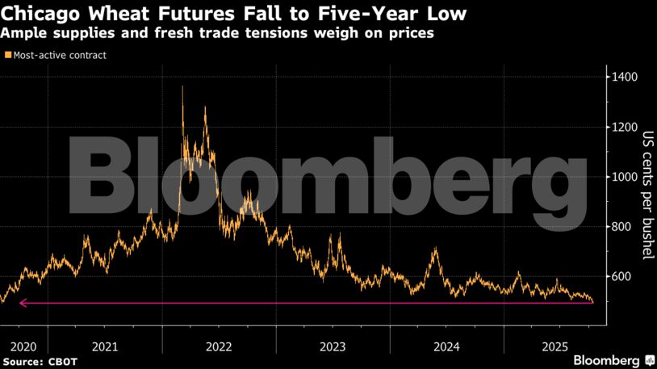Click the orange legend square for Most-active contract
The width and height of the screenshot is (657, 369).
coord(8,56)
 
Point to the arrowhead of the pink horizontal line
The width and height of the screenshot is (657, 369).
coord(22,304)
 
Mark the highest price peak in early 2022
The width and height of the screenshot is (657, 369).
coord(182,86)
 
